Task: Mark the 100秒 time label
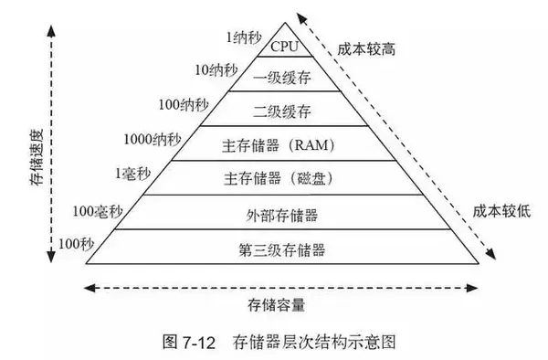click(x=77, y=243)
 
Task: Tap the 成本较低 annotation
click(x=495, y=209)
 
